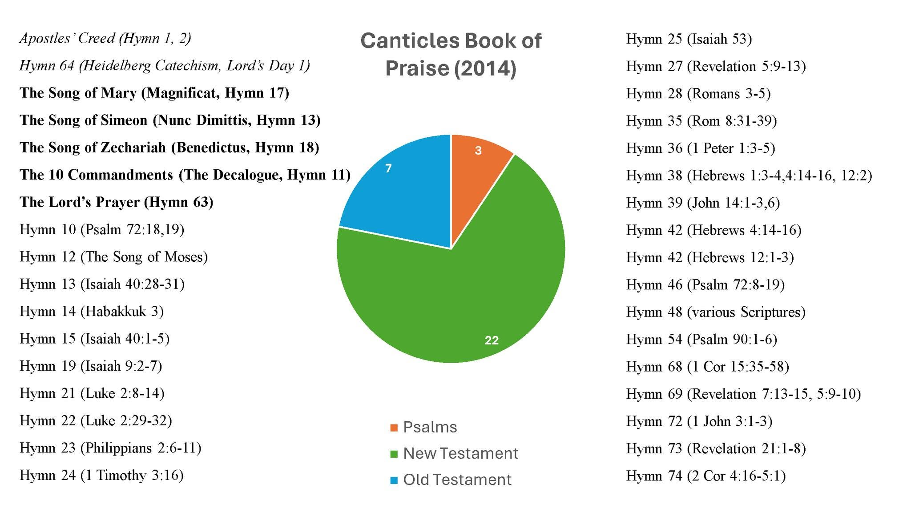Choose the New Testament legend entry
click(454, 453)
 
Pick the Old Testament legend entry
click(451, 480)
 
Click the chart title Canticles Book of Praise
click(451, 54)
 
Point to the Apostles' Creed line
click(105, 39)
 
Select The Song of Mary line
click(154, 93)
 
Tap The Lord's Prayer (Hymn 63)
click(117, 202)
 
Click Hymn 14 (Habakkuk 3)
click(92, 312)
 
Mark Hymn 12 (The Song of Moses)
click(114, 257)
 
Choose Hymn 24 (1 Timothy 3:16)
click(102, 476)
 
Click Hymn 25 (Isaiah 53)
click(689, 39)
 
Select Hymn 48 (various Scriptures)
click(716, 312)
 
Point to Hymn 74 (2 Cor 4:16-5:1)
click(706, 476)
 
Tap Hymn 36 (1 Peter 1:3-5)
click(701, 148)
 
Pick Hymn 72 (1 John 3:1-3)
click(699, 421)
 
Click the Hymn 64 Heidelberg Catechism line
click(165, 66)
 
